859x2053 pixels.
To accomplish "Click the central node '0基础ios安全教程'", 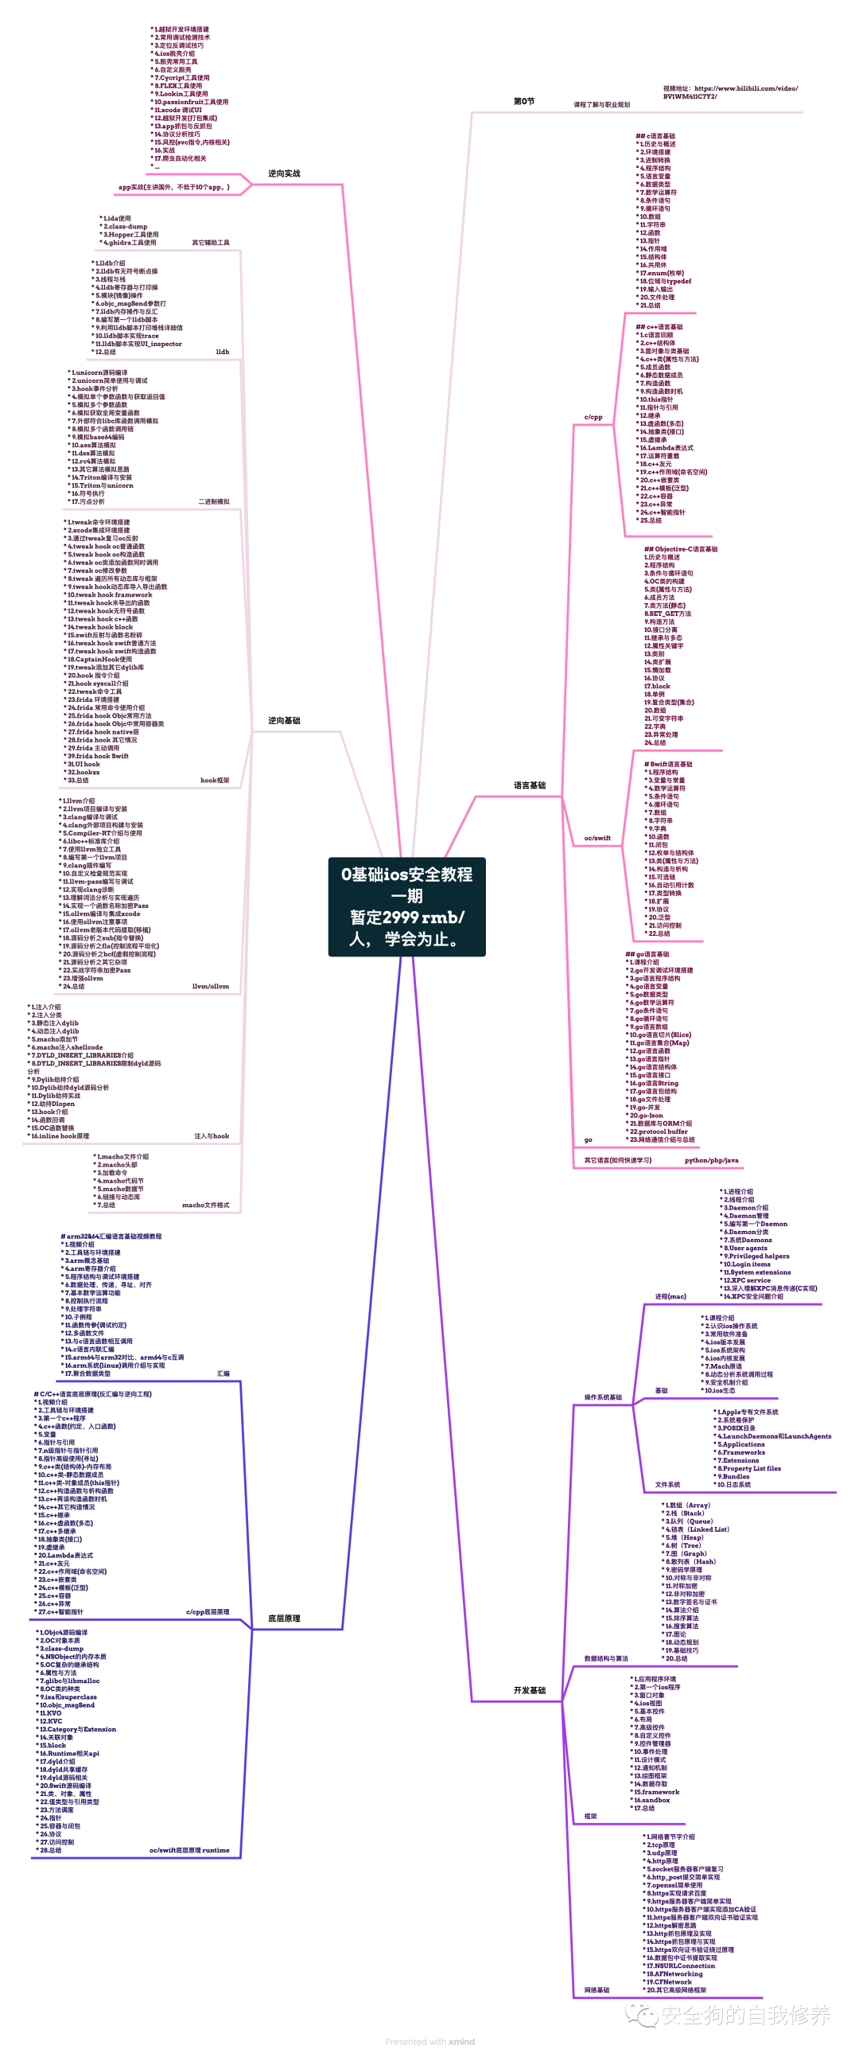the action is pyautogui.click(x=406, y=906).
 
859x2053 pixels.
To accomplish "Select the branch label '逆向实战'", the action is pyautogui.click(x=284, y=173).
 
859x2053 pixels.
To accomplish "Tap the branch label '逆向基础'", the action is pyautogui.click(x=284, y=720).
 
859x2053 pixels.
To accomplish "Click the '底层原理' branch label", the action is pyautogui.click(x=284, y=1619).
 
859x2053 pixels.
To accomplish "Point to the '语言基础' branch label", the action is pyautogui.click(x=529, y=785).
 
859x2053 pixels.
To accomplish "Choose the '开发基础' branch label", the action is pyautogui.click(x=529, y=1690).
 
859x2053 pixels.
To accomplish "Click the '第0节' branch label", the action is pyautogui.click(x=523, y=101).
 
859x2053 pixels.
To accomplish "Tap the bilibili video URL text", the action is pyautogui.click(x=729, y=92).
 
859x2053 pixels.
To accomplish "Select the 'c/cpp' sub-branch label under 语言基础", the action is pyautogui.click(x=593, y=417).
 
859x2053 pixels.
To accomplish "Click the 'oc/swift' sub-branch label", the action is pyautogui.click(x=597, y=838).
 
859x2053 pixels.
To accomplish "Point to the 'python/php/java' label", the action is pyautogui.click(x=711, y=1160).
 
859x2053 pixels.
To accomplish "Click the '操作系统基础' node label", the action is pyautogui.click(x=602, y=1397).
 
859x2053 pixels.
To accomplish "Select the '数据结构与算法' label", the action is pyautogui.click(x=605, y=1658).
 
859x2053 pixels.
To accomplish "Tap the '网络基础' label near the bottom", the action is pyautogui.click(x=596, y=1990).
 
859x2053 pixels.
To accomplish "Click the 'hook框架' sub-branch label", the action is pyautogui.click(x=214, y=781).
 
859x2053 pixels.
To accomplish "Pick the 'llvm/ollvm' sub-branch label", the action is pyautogui.click(x=210, y=986).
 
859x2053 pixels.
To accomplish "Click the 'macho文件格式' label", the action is pyautogui.click(x=205, y=1205).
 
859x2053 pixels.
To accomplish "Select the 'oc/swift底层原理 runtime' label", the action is pyautogui.click(x=189, y=1851).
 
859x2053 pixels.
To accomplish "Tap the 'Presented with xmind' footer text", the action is pyautogui.click(x=429, y=2042).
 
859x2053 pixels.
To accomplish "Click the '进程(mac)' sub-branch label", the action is pyautogui.click(x=670, y=1297).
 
